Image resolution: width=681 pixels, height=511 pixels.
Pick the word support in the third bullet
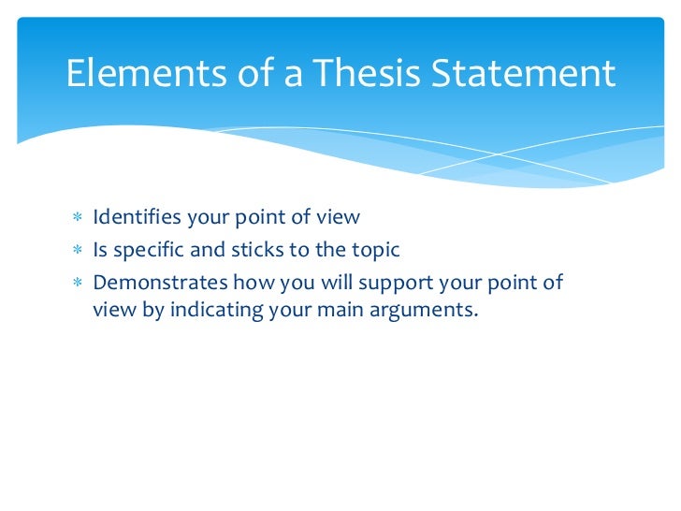(376, 283)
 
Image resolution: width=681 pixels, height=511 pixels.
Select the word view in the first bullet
(339, 218)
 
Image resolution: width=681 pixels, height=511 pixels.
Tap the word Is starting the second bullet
(100, 250)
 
